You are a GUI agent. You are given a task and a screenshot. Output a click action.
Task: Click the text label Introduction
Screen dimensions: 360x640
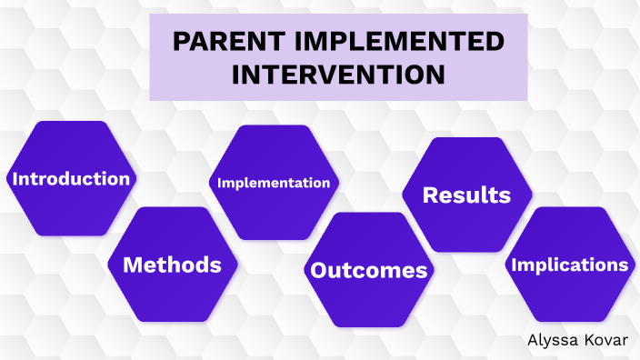point(70,178)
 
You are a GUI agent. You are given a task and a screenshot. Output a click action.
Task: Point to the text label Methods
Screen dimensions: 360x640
point(172,265)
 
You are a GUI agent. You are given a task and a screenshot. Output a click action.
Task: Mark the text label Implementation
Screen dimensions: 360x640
point(274,183)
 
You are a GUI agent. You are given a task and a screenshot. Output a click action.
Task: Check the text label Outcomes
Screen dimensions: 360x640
point(368,270)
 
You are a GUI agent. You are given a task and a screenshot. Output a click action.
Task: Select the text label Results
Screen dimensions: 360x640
point(466,195)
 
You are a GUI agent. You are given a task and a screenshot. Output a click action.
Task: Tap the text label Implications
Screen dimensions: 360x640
point(569,265)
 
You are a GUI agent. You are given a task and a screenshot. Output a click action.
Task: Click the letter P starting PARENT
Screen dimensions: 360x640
point(178,42)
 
